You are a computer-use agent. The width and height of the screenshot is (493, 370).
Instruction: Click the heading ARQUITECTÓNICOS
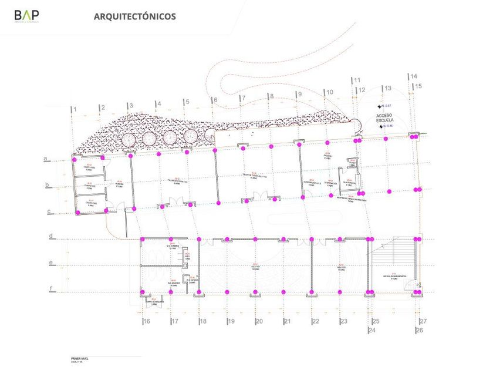[134, 16]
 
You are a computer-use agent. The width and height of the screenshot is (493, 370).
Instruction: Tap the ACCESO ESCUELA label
[388, 119]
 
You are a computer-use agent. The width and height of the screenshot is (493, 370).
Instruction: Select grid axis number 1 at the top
[75, 109]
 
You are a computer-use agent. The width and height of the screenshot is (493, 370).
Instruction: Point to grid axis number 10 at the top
[329, 92]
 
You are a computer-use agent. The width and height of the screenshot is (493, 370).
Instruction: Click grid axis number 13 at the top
[387, 88]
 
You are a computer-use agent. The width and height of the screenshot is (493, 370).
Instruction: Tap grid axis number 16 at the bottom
[146, 321]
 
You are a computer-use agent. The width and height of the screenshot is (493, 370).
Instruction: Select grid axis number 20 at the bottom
[258, 321]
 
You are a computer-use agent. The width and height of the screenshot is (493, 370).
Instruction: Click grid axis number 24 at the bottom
[372, 331]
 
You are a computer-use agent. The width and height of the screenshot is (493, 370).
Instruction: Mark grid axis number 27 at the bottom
[423, 321]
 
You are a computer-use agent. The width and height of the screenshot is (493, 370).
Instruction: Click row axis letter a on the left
[45, 159]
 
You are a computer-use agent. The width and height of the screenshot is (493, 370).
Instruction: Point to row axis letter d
[52, 237]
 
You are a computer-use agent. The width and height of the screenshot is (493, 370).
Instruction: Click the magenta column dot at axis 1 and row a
[75, 158]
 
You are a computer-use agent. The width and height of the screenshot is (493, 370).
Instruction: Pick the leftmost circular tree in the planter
[129, 140]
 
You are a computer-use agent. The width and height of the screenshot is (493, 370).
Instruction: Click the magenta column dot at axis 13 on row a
[386, 138]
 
